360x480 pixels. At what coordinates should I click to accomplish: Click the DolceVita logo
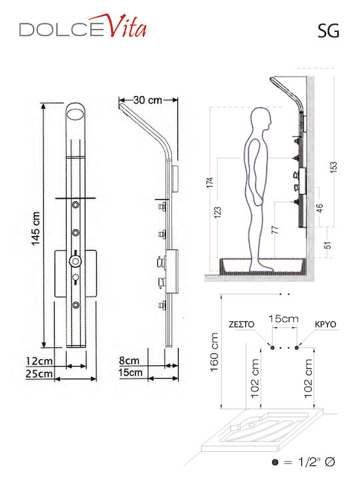pos(83,26)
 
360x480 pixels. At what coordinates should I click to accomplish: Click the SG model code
pos(328,31)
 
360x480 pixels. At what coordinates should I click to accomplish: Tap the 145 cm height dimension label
pos(36,229)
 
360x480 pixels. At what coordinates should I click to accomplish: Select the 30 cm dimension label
pos(147,100)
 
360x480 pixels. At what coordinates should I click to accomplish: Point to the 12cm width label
pos(39,361)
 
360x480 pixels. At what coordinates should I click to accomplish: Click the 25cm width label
pos(39,374)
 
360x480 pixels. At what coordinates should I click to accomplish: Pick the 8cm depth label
pos(129,360)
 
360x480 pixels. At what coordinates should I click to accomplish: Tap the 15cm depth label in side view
pos(131,373)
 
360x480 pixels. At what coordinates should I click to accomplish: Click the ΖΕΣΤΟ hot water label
pos(241,325)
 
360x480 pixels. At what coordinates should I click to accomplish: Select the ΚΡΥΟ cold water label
pos(325,325)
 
